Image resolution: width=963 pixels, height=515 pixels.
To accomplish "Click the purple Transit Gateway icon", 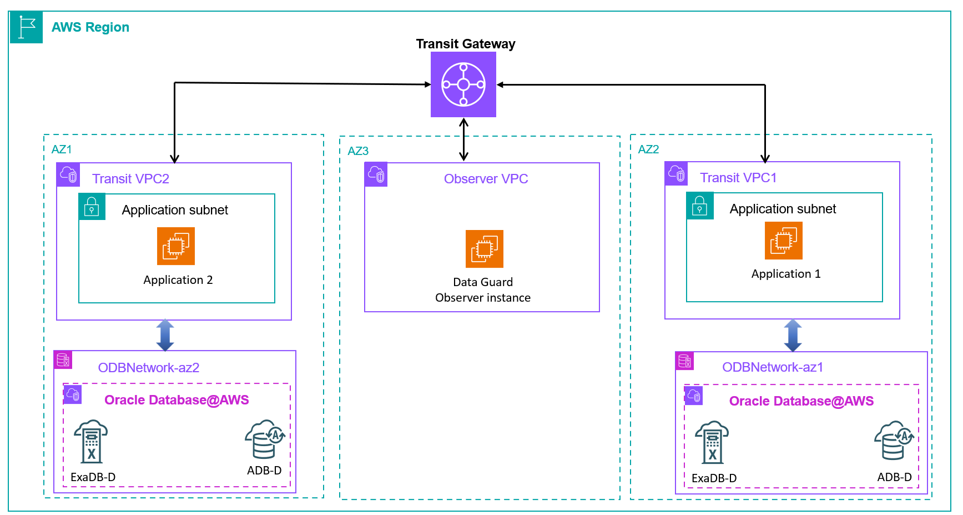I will tap(463, 84).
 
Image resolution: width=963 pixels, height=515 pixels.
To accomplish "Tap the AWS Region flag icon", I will tap(26, 27).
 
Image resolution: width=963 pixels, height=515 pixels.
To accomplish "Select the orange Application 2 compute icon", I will tap(176, 246).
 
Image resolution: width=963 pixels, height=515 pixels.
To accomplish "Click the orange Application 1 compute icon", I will tap(784, 241).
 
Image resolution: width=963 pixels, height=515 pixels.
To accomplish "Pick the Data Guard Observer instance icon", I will tap(485, 249).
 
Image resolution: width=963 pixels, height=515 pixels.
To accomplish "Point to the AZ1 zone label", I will tap(62, 149).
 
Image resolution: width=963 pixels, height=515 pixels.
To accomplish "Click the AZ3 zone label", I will tap(358, 151).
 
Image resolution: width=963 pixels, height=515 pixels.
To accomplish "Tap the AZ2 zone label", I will tap(648, 149).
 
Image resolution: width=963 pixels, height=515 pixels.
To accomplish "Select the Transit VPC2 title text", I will tap(130, 179).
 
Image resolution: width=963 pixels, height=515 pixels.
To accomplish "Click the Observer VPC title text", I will tap(486, 179).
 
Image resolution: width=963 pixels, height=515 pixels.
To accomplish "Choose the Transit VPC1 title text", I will tap(738, 178).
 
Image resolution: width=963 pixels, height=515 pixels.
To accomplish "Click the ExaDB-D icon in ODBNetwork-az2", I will tap(91, 442).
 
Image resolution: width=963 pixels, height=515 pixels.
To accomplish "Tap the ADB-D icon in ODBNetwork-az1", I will tap(894, 441).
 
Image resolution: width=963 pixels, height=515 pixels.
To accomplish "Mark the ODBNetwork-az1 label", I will tap(773, 367).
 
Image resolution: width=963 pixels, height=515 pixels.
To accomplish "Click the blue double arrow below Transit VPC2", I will tap(165, 335).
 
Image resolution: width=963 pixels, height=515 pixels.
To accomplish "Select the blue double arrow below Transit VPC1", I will tap(793, 336).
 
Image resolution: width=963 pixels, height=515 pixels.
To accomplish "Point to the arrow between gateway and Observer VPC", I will tap(464, 139).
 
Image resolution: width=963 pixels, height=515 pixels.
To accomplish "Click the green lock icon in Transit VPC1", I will tap(700, 206).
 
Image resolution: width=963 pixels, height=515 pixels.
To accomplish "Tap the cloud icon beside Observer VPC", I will tap(376, 174).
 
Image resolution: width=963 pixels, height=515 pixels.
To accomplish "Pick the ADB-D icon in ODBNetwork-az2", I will tap(265, 439).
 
